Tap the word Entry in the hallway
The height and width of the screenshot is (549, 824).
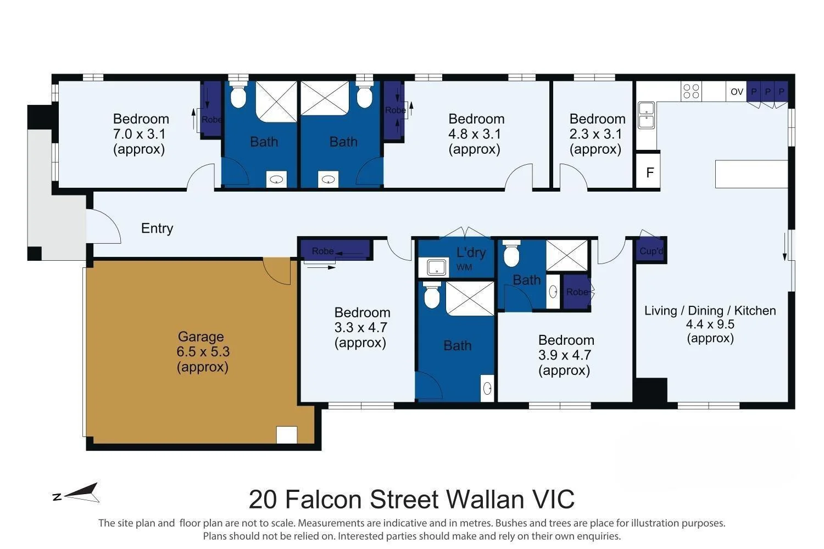(157, 228)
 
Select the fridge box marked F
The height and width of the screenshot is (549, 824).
(649, 171)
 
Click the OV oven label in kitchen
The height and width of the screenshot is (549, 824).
(737, 92)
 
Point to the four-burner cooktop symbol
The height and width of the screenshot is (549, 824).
(691, 91)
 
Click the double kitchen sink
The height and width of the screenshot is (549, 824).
(646, 115)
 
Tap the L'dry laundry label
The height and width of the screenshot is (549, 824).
(471, 253)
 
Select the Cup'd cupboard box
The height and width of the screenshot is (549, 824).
(651, 251)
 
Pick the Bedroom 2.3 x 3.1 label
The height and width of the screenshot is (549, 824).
(597, 134)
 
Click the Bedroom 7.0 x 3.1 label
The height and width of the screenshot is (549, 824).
(141, 134)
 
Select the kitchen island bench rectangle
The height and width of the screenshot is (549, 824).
(751, 174)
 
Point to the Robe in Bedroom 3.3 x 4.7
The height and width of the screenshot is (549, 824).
(335, 251)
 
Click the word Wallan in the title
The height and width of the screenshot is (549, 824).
(485, 500)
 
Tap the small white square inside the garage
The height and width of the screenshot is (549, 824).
(287, 435)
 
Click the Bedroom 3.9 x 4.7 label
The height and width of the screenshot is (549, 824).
(566, 355)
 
